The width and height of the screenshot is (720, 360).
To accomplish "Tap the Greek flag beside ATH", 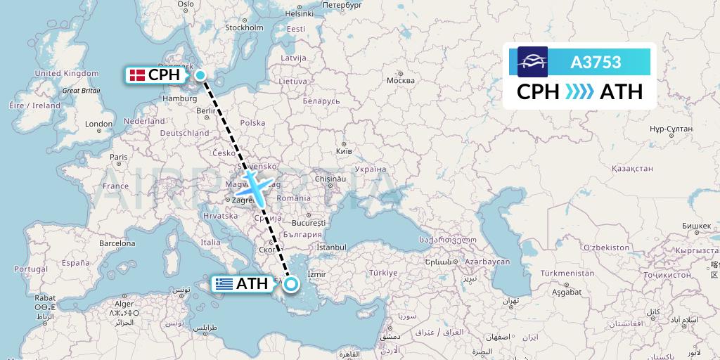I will (224, 284).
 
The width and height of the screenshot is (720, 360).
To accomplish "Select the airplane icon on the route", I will (254, 187).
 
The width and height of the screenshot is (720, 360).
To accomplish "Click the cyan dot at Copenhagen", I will (200, 75).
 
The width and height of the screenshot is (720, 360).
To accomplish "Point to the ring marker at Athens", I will (290, 284).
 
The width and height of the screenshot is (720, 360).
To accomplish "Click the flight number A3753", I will (596, 63).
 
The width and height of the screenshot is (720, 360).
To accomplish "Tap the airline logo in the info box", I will (532, 62).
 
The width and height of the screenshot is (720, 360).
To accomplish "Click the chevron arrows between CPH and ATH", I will (579, 92).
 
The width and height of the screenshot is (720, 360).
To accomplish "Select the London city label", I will (98, 124).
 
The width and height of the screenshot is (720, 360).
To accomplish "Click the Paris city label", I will (118, 157).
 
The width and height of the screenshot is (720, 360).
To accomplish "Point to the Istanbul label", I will (331, 247).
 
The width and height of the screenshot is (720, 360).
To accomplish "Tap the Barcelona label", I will (117, 243).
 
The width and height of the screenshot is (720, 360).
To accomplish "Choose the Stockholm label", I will (243, 28).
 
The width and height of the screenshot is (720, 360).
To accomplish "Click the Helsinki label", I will (299, 13).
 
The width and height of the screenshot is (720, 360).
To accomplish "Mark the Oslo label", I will (185, 4).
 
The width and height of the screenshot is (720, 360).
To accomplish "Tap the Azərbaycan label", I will (487, 262).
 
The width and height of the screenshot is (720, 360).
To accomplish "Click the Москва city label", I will (401, 80).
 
